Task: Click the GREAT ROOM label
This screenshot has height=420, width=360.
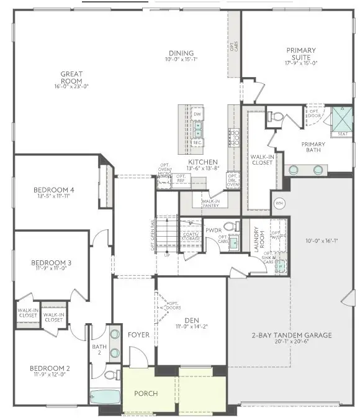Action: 71,78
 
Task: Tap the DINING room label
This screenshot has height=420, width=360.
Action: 181,53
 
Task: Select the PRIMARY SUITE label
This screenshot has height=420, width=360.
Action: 301,54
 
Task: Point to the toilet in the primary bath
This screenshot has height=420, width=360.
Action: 277,116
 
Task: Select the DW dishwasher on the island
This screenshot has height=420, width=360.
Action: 197,114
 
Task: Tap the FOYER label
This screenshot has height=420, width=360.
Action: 138,335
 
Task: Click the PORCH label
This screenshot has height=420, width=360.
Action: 146,394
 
